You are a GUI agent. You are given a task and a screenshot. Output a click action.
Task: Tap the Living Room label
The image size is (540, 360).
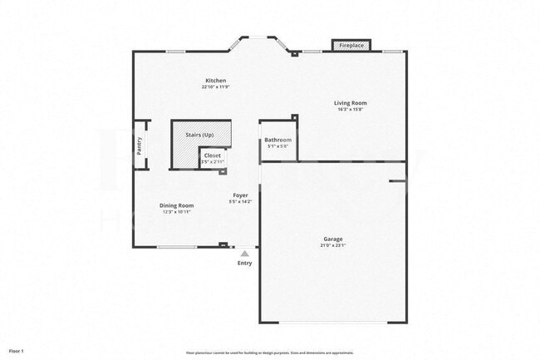coord(351,103)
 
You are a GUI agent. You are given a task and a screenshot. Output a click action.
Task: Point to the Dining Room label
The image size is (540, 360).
coord(176,205)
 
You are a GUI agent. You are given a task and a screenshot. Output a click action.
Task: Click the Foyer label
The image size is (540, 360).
coord(240,195)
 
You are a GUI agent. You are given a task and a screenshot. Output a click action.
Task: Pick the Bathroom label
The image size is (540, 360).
coord(278,140)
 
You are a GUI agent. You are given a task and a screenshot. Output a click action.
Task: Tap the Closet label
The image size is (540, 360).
coord(213,155)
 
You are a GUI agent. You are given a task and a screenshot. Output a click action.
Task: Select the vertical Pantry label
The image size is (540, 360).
coord(140,145)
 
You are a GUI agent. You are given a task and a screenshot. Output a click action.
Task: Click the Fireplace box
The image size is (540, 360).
coord(351,46)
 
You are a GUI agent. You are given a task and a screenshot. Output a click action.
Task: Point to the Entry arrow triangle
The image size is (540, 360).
coord(244,254)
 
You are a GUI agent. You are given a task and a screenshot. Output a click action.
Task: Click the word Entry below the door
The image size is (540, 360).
coord(244,264)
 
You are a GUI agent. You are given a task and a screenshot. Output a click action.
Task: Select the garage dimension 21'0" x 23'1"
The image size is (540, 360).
coord(332,246)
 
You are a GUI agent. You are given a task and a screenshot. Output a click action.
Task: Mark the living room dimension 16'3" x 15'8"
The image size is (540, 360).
coord(351,109)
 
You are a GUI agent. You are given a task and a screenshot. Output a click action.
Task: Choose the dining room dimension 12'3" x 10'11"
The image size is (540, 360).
coord(176,212)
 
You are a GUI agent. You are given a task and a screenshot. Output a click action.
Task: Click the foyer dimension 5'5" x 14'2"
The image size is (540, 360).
coord(240,201)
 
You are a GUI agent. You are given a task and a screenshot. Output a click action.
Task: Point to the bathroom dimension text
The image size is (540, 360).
coord(278,145)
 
